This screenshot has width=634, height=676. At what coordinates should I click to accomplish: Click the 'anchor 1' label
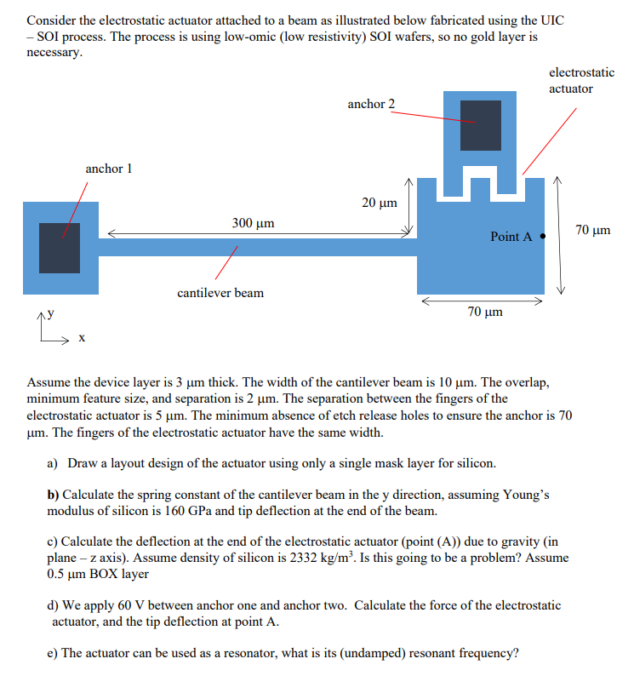pos(109,169)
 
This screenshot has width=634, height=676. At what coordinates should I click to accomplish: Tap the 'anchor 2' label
pos(371,104)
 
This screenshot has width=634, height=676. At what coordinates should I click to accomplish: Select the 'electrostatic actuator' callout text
pos(582,80)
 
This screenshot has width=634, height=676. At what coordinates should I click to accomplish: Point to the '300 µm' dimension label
pos(253,223)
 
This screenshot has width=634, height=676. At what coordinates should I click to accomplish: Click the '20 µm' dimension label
pos(380,203)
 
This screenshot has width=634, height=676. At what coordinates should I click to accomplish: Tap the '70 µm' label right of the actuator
pos(593,230)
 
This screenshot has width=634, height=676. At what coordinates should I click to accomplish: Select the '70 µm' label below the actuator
pos(485,312)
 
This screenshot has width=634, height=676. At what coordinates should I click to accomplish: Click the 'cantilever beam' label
pos(220,293)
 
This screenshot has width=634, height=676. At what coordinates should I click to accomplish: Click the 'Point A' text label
pos(511,237)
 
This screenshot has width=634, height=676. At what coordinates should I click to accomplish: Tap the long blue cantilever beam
pos(255,248)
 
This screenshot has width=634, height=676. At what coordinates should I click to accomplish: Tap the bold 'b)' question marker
pos(53,495)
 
